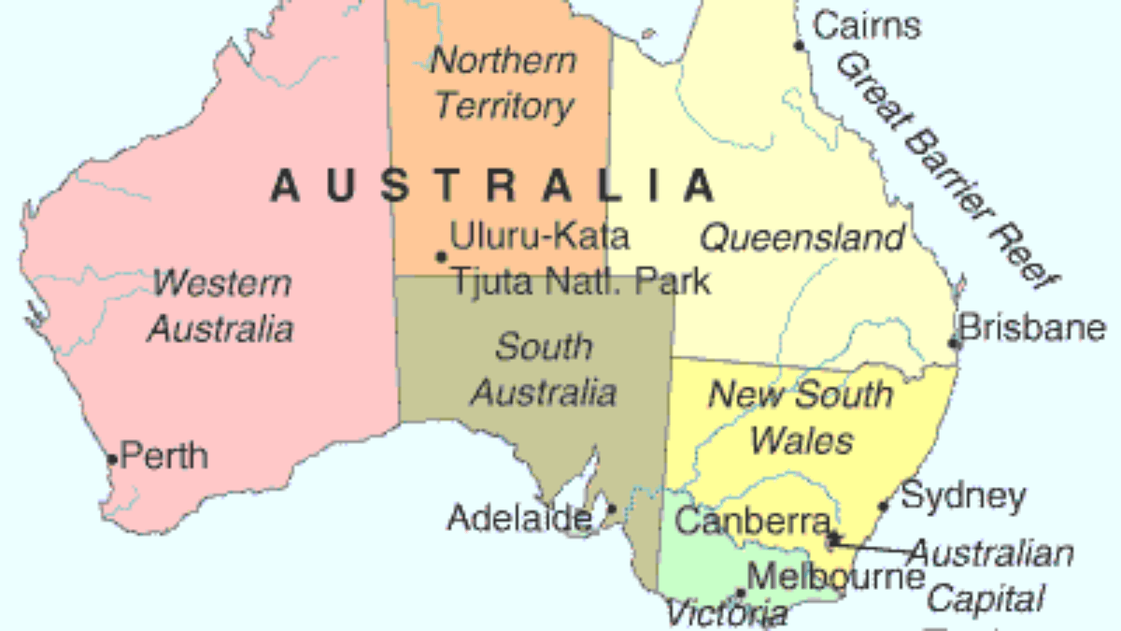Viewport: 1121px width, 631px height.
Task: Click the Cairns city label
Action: pos(867,25)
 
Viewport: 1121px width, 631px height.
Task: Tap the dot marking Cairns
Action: pos(799,45)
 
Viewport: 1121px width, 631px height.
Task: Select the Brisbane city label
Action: pos(1032,328)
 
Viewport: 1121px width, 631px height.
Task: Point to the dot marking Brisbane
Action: pos(954,343)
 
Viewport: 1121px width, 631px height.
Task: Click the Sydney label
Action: pos(962,495)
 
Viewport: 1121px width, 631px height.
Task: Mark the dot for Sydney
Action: pos(884,508)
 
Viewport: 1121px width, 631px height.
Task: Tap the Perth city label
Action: pos(164,456)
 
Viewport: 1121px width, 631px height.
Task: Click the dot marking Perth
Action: pos(112,459)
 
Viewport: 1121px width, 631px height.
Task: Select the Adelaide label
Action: pos(518,517)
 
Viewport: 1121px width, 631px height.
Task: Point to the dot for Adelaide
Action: pos(612,509)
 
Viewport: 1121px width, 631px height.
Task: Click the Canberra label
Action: pos(752,521)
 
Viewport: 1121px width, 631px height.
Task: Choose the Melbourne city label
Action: pos(836,576)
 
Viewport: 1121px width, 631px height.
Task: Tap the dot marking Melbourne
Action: pos(740,592)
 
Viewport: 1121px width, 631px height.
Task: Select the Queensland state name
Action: pos(802,237)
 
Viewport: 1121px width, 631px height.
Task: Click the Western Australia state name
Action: pos(221,305)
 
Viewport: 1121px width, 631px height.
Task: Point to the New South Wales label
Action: pos(801,417)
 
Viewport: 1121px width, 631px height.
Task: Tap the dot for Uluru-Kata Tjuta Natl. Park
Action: pos(440,256)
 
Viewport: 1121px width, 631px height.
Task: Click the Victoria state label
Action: pos(726,613)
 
